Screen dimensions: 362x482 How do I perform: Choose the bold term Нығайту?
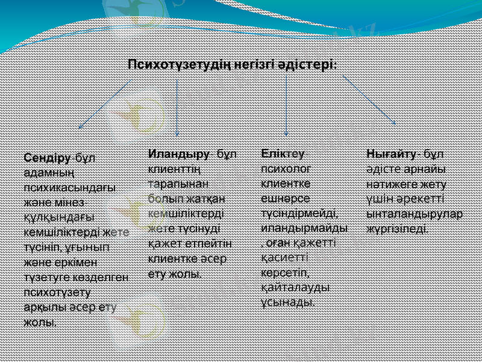[391, 153]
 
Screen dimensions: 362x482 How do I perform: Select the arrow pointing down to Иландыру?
[177, 109]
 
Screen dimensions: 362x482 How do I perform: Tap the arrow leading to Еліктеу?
[286, 109]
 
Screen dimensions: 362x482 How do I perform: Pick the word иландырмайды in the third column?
[304, 229]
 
